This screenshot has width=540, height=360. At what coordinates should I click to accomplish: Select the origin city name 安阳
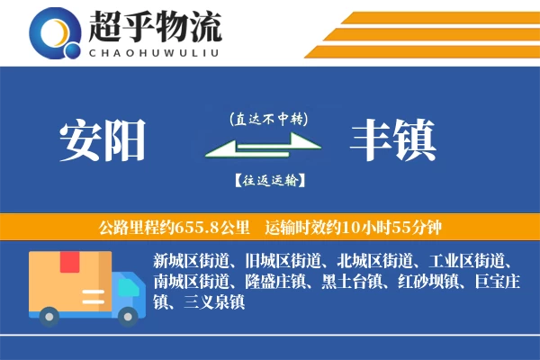tap(102, 139)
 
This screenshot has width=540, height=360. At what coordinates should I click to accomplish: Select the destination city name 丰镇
tap(394, 139)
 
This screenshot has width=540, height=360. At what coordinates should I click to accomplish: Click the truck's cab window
tap(130, 286)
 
